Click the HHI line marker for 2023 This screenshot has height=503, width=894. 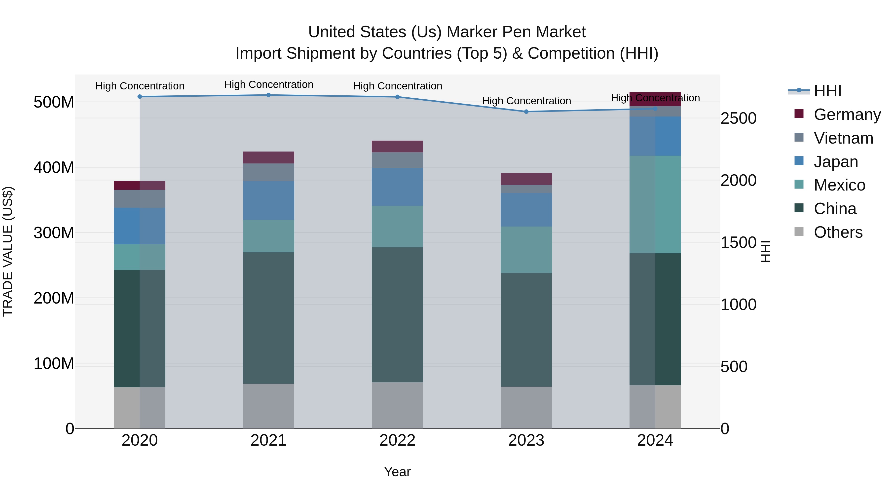pos(526,112)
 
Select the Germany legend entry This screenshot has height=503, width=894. pos(847,115)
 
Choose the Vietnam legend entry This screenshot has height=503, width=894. pos(843,138)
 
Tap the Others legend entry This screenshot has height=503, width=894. pos(838,232)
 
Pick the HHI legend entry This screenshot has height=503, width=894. pos(827,91)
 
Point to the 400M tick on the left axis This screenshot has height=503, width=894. pos(54,167)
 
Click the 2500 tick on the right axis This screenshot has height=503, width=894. pos(738,118)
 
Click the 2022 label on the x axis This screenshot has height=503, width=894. pos(397,440)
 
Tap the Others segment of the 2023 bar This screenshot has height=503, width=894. pos(526,408)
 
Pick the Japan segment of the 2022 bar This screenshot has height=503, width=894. pos(397,187)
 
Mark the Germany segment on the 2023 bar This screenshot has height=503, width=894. pos(526,179)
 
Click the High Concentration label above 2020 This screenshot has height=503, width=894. pos(140,86)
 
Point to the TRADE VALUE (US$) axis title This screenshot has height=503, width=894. pos(8,251)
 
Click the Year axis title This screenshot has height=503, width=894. pos(397,472)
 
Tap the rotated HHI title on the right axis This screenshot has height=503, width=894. pos(766,251)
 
